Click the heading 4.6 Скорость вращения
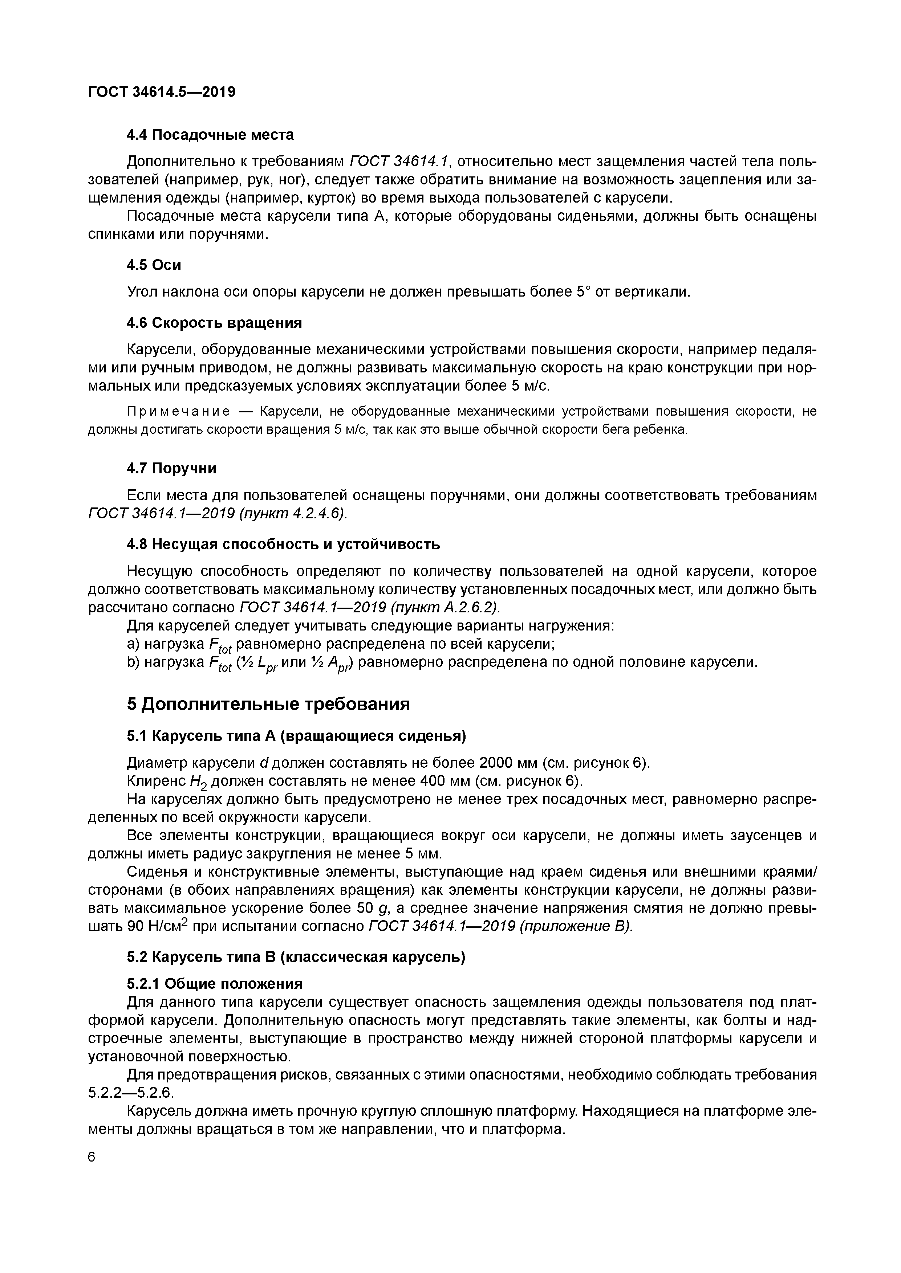click(214, 323)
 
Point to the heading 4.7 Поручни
click(171, 469)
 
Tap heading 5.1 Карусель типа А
click(296, 736)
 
